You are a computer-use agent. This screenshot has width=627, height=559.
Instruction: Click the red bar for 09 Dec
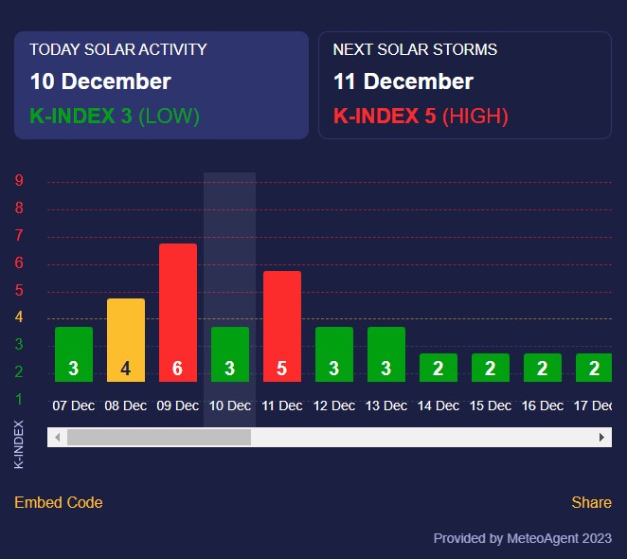click(178, 313)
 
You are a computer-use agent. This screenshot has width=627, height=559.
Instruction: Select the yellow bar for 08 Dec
click(126, 340)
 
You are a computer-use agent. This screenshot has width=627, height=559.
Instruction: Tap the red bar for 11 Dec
click(282, 326)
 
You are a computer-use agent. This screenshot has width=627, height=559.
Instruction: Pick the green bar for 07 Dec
click(74, 354)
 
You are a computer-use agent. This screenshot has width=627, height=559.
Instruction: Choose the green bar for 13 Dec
click(386, 354)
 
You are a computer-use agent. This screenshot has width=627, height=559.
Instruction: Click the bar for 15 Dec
click(491, 368)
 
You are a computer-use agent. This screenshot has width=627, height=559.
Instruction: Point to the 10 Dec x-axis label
click(230, 406)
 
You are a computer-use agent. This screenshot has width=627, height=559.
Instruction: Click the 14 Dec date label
click(439, 406)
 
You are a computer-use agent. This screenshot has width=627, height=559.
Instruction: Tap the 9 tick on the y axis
click(19, 181)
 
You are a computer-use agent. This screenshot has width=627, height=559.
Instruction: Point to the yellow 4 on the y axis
click(19, 317)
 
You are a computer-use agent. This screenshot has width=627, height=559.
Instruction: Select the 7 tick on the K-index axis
click(19, 236)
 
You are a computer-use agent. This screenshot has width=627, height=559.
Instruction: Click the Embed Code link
click(59, 502)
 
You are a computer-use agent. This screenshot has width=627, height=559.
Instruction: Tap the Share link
click(592, 502)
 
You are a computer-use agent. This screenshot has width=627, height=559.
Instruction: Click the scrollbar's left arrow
click(57, 437)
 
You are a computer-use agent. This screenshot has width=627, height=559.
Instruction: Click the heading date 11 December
click(403, 81)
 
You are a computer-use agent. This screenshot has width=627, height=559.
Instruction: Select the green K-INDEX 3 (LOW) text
click(115, 117)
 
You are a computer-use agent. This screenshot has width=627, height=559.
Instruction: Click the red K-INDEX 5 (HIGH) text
click(421, 117)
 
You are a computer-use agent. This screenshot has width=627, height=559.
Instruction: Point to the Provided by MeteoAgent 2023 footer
click(523, 538)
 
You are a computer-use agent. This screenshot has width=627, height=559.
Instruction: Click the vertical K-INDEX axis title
click(19, 443)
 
